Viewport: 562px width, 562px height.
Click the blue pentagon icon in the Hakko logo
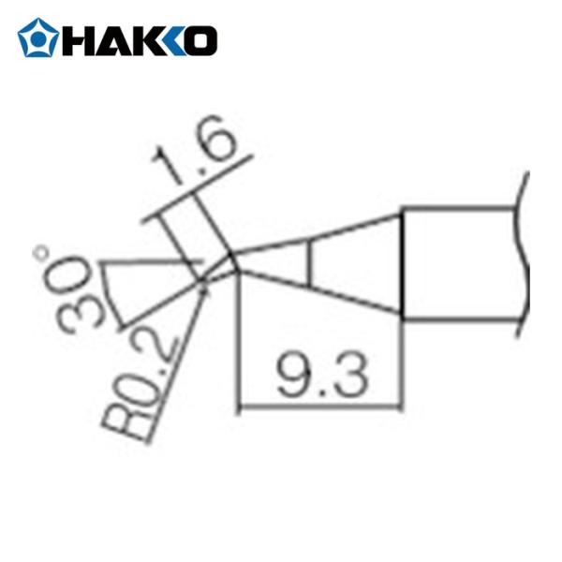click(37, 38)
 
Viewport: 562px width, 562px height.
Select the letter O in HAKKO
click(201, 39)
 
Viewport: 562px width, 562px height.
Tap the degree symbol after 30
click(42, 253)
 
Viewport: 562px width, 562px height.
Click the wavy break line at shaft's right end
click(523, 253)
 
